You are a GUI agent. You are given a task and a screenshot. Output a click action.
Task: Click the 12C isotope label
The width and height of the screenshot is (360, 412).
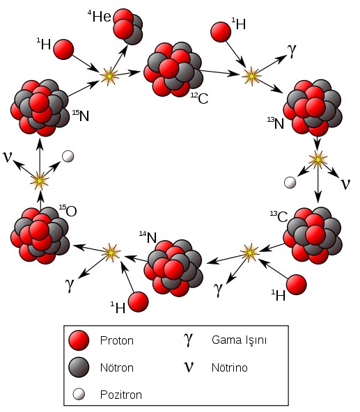pyautogui.click(x=199, y=98)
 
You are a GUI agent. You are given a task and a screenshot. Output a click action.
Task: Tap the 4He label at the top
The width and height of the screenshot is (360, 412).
pyautogui.click(x=100, y=16)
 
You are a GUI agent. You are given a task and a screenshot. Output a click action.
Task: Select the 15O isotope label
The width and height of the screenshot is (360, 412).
pyautogui.click(x=68, y=211)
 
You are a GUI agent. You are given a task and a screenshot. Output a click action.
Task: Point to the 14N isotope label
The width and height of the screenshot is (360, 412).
pyautogui.click(x=148, y=237)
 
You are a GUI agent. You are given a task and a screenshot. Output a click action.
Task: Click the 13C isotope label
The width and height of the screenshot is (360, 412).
pyautogui.click(x=279, y=216)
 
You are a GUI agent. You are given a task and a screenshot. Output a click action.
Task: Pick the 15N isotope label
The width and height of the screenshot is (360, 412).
pyautogui.click(x=81, y=116)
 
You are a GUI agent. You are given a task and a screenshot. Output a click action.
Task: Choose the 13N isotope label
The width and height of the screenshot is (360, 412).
pyautogui.click(x=276, y=123)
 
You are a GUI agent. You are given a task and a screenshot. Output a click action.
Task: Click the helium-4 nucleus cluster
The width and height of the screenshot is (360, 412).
pyautogui.click(x=128, y=26)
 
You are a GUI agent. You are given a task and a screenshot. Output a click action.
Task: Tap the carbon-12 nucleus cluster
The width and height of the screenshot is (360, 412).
pyautogui.click(x=173, y=70)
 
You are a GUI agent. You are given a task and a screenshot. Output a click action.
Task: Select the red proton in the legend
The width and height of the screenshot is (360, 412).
pyautogui.click(x=79, y=340)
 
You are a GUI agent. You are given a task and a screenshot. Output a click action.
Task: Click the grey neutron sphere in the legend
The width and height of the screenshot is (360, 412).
pyautogui.click(x=79, y=367)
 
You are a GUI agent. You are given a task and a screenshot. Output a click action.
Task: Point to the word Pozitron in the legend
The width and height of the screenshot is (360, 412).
pyautogui.click(x=121, y=395)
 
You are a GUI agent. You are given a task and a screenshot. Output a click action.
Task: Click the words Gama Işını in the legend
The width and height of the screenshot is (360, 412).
pyautogui.click(x=239, y=340)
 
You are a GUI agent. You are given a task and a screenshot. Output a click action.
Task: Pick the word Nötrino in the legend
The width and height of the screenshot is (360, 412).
pyautogui.click(x=230, y=367)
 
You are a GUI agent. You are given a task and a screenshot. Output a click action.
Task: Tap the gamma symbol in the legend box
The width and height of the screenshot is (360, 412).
pyautogui.click(x=188, y=340)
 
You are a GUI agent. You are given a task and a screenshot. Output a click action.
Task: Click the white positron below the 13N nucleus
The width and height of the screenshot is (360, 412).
pyautogui.click(x=290, y=182)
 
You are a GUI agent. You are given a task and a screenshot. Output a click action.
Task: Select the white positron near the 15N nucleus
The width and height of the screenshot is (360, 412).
pyautogui.click(x=68, y=157)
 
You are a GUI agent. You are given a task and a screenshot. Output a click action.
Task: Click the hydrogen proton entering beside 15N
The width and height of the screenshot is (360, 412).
pyautogui.click(x=63, y=49)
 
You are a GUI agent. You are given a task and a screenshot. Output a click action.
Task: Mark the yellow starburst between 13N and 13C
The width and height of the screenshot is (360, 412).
pyautogui.click(x=318, y=159)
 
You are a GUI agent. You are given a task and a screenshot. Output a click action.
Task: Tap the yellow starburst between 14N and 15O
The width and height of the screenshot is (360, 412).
pyautogui.click(x=111, y=253)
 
